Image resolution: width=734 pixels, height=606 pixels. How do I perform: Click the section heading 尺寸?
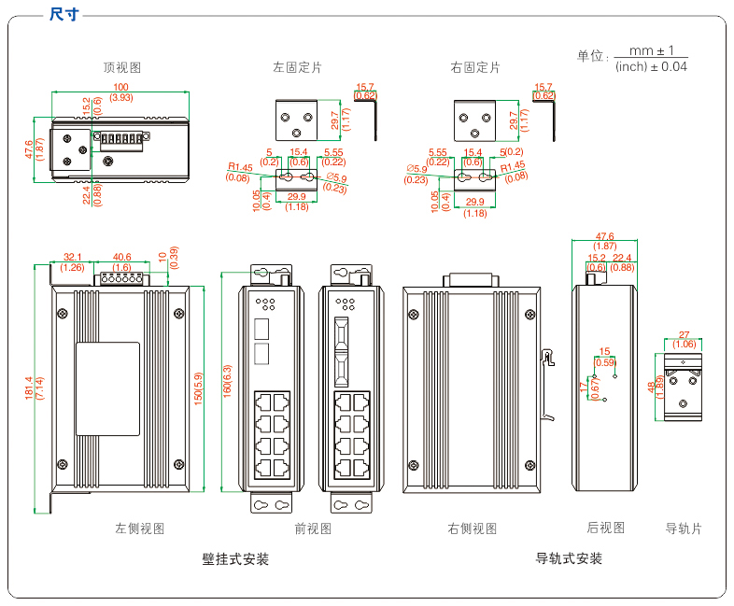click(x=64, y=14)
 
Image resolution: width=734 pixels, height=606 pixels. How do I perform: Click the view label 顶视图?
click(x=122, y=67)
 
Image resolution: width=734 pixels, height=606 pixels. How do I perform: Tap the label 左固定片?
click(x=297, y=67)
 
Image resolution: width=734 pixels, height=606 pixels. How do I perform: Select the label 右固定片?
click(x=474, y=67)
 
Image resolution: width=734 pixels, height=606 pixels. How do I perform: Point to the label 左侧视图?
click(x=139, y=528)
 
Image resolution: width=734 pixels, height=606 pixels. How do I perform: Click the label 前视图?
click(x=313, y=528)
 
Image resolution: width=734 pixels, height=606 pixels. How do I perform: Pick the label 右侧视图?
click(x=472, y=528)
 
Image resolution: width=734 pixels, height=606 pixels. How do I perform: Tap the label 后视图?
click(x=606, y=528)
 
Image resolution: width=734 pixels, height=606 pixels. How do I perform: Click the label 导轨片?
click(x=684, y=528)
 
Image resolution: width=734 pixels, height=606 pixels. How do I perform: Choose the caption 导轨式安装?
click(x=569, y=558)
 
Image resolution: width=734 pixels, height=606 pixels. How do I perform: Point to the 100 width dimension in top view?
click(x=120, y=87)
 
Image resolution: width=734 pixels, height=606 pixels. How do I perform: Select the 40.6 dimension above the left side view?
click(x=121, y=257)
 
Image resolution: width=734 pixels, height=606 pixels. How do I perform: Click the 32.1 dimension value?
click(x=73, y=257)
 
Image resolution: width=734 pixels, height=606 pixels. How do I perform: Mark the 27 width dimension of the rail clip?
click(x=684, y=334)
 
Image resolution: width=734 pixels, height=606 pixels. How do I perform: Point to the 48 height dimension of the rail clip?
click(x=651, y=387)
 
